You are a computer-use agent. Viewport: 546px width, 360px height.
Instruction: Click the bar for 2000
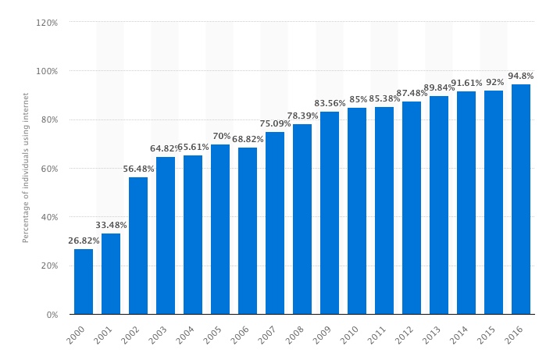pyautogui.click(x=84, y=281)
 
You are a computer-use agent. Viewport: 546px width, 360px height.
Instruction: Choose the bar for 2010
pyautogui.click(x=357, y=211)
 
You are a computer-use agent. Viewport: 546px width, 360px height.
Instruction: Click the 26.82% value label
pyautogui.click(x=82, y=241)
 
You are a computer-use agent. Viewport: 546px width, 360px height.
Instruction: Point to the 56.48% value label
pyautogui.click(x=138, y=169)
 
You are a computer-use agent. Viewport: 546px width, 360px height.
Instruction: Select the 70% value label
pyautogui.click(x=221, y=137)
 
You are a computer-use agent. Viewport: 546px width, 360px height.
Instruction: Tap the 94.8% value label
pyautogui.click(x=521, y=77)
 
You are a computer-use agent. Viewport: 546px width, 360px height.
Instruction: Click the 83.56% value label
pyautogui.click(x=330, y=104)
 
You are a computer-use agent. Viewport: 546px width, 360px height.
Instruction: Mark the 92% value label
pyautogui.click(x=494, y=83)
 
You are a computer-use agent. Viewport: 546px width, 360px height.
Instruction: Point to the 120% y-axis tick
pyautogui.click(x=47, y=23)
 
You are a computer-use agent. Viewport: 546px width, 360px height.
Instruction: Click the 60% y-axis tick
pyautogui.click(x=48, y=169)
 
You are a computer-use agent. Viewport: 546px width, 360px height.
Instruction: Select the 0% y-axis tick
pyautogui.click(x=52, y=315)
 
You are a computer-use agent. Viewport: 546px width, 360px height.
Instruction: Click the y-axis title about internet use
pyautogui.click(x=26, y=168)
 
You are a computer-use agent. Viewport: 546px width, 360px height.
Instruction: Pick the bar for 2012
pyautogui.click(x=412, y=208)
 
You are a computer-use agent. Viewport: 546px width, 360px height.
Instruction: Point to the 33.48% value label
pyautogui.click(x=111, y=226)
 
